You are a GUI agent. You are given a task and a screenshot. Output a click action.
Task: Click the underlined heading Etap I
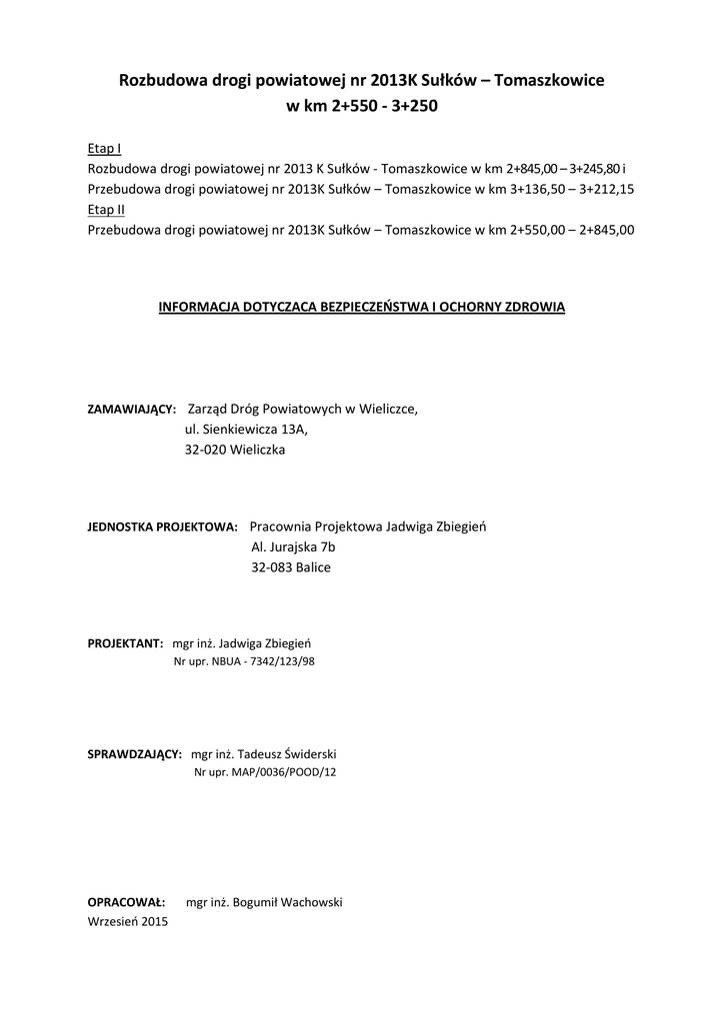point(105,148)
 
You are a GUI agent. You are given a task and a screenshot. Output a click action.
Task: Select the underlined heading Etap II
point(106,209)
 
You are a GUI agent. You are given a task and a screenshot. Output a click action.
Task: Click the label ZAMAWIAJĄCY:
point(132,410)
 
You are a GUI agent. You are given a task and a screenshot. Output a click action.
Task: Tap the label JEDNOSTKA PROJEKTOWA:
point(163,526)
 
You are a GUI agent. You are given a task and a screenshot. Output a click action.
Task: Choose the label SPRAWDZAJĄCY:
point(135,754)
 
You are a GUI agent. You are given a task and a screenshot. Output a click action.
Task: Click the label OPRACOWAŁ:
point(126,902)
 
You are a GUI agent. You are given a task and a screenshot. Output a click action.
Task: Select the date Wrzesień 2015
point(128,922)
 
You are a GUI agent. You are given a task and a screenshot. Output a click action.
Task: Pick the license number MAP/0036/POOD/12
point(286,772)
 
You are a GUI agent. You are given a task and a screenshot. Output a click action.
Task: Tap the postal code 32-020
point(205,450)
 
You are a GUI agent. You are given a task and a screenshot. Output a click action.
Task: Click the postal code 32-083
point(271,567)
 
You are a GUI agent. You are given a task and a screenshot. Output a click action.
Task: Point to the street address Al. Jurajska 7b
point(293,547)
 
